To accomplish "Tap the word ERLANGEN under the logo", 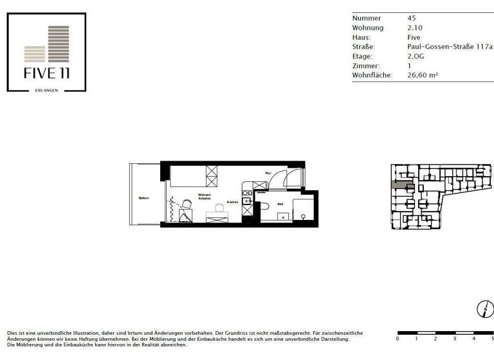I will tap(46, 90).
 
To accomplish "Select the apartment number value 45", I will tap(412, 18).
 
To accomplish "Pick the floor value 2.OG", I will tap(416, 57).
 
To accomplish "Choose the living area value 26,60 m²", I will tap(423, 75).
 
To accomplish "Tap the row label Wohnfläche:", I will tap(374, 75).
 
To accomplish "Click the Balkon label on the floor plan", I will tap(144, 198).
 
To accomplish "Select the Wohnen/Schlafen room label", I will tap(205, 196).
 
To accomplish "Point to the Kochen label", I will tap(232, 203).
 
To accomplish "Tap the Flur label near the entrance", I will tap(268, 173).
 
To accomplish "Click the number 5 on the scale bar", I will tap(492, 339).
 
